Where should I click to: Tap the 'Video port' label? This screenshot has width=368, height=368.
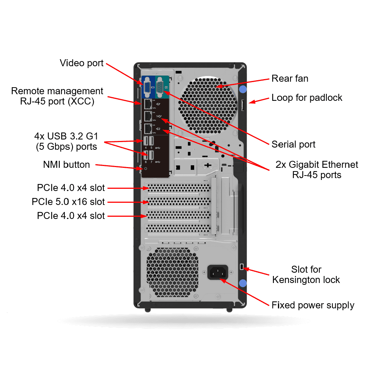(82, 63)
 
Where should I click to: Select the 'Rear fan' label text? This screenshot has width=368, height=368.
(290, 78)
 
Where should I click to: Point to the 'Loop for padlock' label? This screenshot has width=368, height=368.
(307, 98)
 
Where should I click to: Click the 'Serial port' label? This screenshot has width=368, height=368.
(293, 144)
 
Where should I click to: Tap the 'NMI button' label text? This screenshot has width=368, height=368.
(66, 164)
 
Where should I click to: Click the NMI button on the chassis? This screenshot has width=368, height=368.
(146, 169)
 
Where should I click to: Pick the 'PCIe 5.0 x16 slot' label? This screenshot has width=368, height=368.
(68, 202)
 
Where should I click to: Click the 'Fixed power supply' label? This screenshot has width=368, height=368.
(313, 305)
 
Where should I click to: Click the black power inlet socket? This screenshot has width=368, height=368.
(218, 272)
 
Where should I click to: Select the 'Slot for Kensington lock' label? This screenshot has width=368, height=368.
(306, 275)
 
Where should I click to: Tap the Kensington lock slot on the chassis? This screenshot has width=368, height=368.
(242, 267)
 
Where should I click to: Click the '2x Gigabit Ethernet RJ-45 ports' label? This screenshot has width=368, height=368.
(317, 169)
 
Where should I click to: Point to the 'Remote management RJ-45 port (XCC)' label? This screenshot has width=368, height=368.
(57, 96)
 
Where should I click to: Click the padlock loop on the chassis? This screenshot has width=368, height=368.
(243, 105)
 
